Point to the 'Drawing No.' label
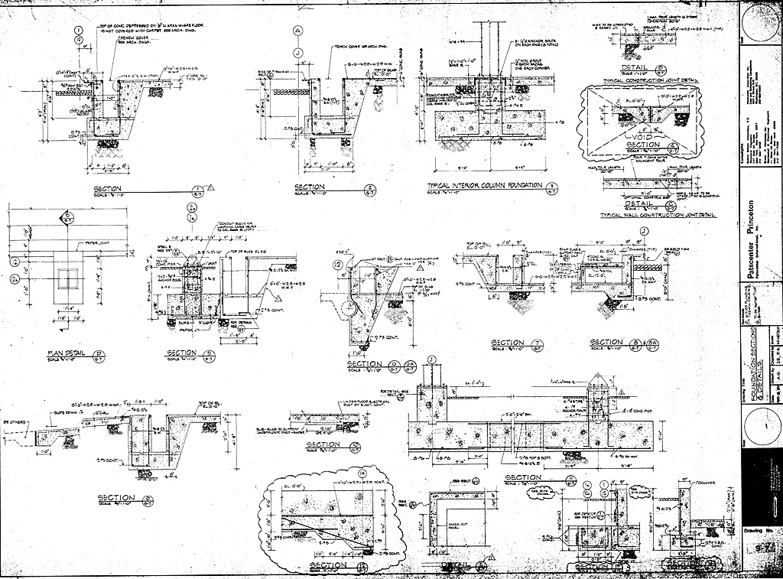point(759,530)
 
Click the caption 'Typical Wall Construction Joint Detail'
point(658,215)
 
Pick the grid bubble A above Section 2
point(297,31)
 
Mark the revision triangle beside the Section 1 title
point(210,187)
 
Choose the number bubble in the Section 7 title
point(538,343)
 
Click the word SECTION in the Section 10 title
point(322,444)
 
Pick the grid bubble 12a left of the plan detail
point(14,281)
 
